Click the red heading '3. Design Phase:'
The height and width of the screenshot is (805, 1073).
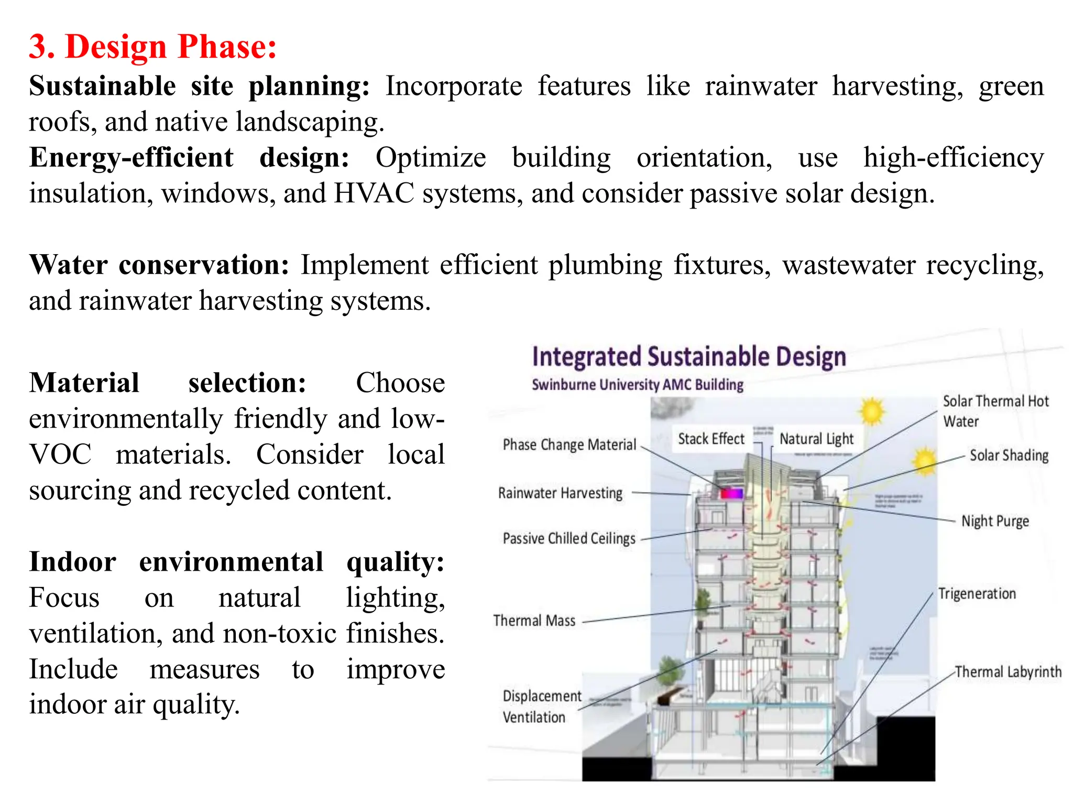click(x=152, y=47)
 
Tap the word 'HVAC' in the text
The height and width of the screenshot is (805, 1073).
click(x=374, y=193)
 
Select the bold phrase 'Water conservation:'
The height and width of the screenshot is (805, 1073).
click(x=159, y=265)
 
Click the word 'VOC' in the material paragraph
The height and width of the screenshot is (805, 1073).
click(x=60, y=454)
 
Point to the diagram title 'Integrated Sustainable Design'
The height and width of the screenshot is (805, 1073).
click(x=689, y=357)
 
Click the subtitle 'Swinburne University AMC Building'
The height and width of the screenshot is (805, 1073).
click(x=638, y=385)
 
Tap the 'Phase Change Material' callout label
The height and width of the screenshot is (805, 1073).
click(x=570, y=445)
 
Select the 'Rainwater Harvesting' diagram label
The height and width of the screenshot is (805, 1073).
click(x=560, y=493)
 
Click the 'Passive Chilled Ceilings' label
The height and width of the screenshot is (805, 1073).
click(x=569, y=538)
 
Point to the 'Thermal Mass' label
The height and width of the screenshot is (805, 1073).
click(x=534, y=621)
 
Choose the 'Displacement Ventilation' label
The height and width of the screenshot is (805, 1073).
click(x=541, y=706)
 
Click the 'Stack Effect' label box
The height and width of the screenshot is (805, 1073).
click(x=711, y=439)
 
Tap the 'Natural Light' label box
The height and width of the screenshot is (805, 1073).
click(x=816, y=439)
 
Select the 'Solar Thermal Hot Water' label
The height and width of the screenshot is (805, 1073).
click(x=995, y=411)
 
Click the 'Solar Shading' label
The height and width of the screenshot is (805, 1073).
click(x=1009, y=455)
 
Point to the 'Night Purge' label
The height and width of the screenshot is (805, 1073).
click(x=995, y=521)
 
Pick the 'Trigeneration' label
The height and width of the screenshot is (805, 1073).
click(x=977, y=594)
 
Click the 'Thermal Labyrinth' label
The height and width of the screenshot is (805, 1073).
click(x=1008, y=672)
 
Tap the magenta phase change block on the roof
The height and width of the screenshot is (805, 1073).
click(x=731, y=493)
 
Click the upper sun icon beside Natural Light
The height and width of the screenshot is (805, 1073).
click(x=872, y=411)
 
